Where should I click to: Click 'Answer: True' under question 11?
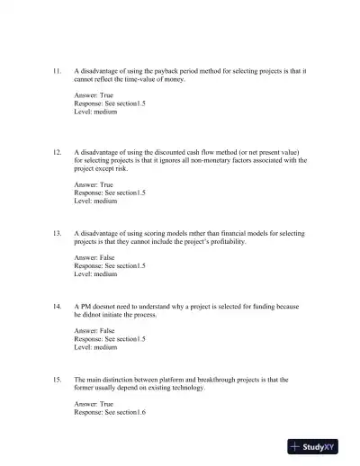pyautogui.click(x=94, y=94)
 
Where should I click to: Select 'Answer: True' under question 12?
pyautogui.click(x=94, y=184)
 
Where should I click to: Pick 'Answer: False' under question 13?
pyautogui.click(x=94, y=258)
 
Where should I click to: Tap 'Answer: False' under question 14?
pyautogui.click(x=94, y=331)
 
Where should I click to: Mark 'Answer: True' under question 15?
pyautogui.click(x=94, y=405)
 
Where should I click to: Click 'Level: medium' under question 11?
pyautogui.click(x=95, y=111)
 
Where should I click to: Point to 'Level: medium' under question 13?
pyautogui.click(x=95, y=274)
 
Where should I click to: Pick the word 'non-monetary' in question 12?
pyautogui.click(x=207, y=160)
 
